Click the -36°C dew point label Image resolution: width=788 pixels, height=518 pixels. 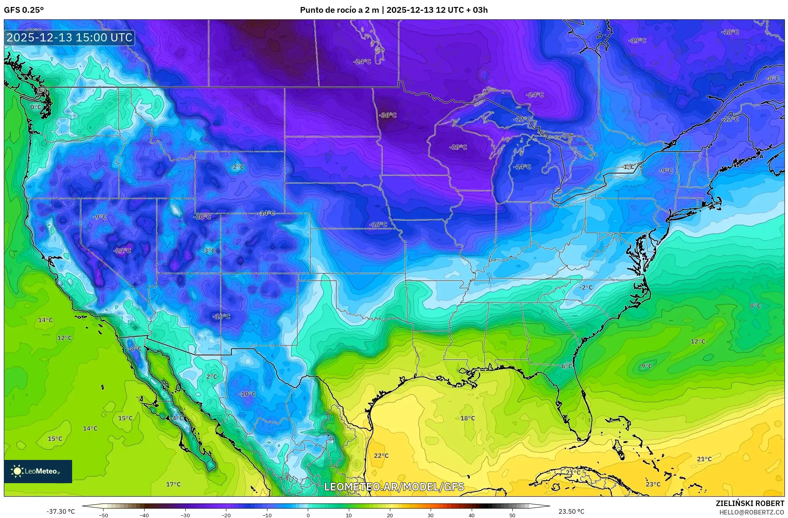[388, 115]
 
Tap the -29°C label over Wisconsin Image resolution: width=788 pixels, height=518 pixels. [458, 148]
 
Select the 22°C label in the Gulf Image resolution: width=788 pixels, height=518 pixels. [381, 456]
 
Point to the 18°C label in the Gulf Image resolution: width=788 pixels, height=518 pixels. [467, 418]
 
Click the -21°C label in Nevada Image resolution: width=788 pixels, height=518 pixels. [122, 251]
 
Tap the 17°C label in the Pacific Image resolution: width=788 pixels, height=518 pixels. [173, 484]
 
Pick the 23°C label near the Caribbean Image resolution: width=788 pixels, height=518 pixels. [653, 484]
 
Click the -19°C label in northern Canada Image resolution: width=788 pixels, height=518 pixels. [637, 41]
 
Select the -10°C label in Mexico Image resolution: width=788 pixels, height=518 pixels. [247, 394]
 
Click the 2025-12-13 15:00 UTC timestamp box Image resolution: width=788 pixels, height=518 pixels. [70, 38]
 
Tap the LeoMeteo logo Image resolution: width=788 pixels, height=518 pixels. [38, 471]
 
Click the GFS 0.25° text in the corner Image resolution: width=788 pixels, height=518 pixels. [24, 10]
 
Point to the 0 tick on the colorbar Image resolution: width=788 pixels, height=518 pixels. [308, 515]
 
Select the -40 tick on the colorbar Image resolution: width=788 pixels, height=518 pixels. [144, 515]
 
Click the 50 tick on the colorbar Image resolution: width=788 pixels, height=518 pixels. [512, 515]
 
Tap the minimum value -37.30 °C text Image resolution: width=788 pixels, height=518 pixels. [60, 511]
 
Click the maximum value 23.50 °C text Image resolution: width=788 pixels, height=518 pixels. [571, 511]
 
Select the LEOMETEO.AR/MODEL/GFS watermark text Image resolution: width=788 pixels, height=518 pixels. [394, 487]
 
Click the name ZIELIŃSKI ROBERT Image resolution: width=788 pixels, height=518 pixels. [750, 503]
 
